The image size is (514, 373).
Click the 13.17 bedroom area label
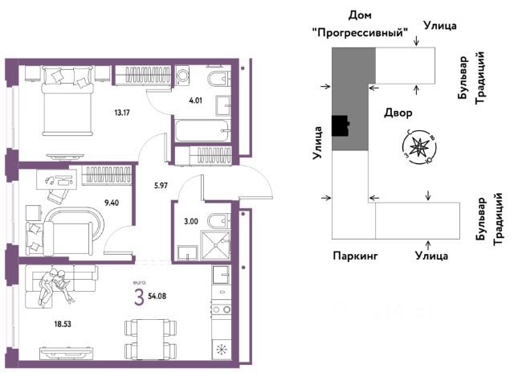(122, 113)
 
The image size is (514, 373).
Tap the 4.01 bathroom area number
(195, 100)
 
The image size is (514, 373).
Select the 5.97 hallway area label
(161, 186)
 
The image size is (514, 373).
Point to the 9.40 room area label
(112, 203)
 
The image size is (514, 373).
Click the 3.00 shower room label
(191, 221)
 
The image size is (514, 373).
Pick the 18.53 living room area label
(63, 324)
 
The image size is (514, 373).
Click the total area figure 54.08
(157, 297)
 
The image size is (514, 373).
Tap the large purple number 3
(139, 298)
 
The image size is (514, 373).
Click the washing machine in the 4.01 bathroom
(182, 76)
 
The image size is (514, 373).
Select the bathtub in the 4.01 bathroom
(202, 131)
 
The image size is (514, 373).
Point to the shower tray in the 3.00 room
(215, 245)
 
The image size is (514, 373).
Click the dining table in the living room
(151, 339)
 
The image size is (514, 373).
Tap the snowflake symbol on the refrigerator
(222, 350)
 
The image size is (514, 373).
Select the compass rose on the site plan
(419, 146)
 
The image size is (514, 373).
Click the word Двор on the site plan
(398, 113)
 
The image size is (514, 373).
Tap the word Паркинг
(355, 256)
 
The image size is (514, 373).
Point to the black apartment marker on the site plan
(341, 125)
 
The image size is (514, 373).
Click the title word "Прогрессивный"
(360, 32)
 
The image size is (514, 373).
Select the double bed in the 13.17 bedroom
(67, 100)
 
